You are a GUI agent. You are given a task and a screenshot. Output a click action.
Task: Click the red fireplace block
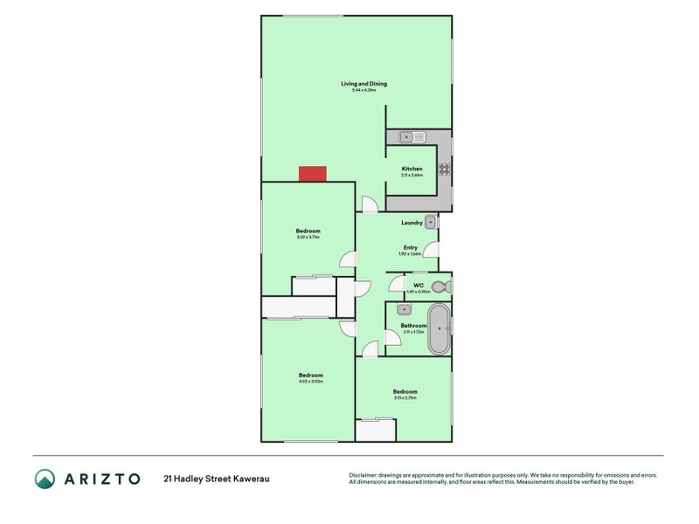312,174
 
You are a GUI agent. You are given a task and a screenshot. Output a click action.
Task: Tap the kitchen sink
412,137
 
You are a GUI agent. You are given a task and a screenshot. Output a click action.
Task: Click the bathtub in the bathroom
439,329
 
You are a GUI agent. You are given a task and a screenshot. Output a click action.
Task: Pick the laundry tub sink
430,222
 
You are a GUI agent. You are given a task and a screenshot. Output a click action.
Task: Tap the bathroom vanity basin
404,309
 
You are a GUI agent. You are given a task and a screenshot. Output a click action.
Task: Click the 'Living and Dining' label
363,84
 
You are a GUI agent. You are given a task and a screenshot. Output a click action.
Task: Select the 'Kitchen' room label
412,169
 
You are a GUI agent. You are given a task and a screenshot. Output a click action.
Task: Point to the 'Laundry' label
412,223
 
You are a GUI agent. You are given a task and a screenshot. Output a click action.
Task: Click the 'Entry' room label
410,247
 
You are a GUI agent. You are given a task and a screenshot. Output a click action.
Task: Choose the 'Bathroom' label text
413,326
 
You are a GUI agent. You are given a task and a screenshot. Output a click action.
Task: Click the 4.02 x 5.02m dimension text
311,382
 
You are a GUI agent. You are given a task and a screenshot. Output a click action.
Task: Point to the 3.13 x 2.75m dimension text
405,398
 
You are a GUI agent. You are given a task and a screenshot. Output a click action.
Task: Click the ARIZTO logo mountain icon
45,479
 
